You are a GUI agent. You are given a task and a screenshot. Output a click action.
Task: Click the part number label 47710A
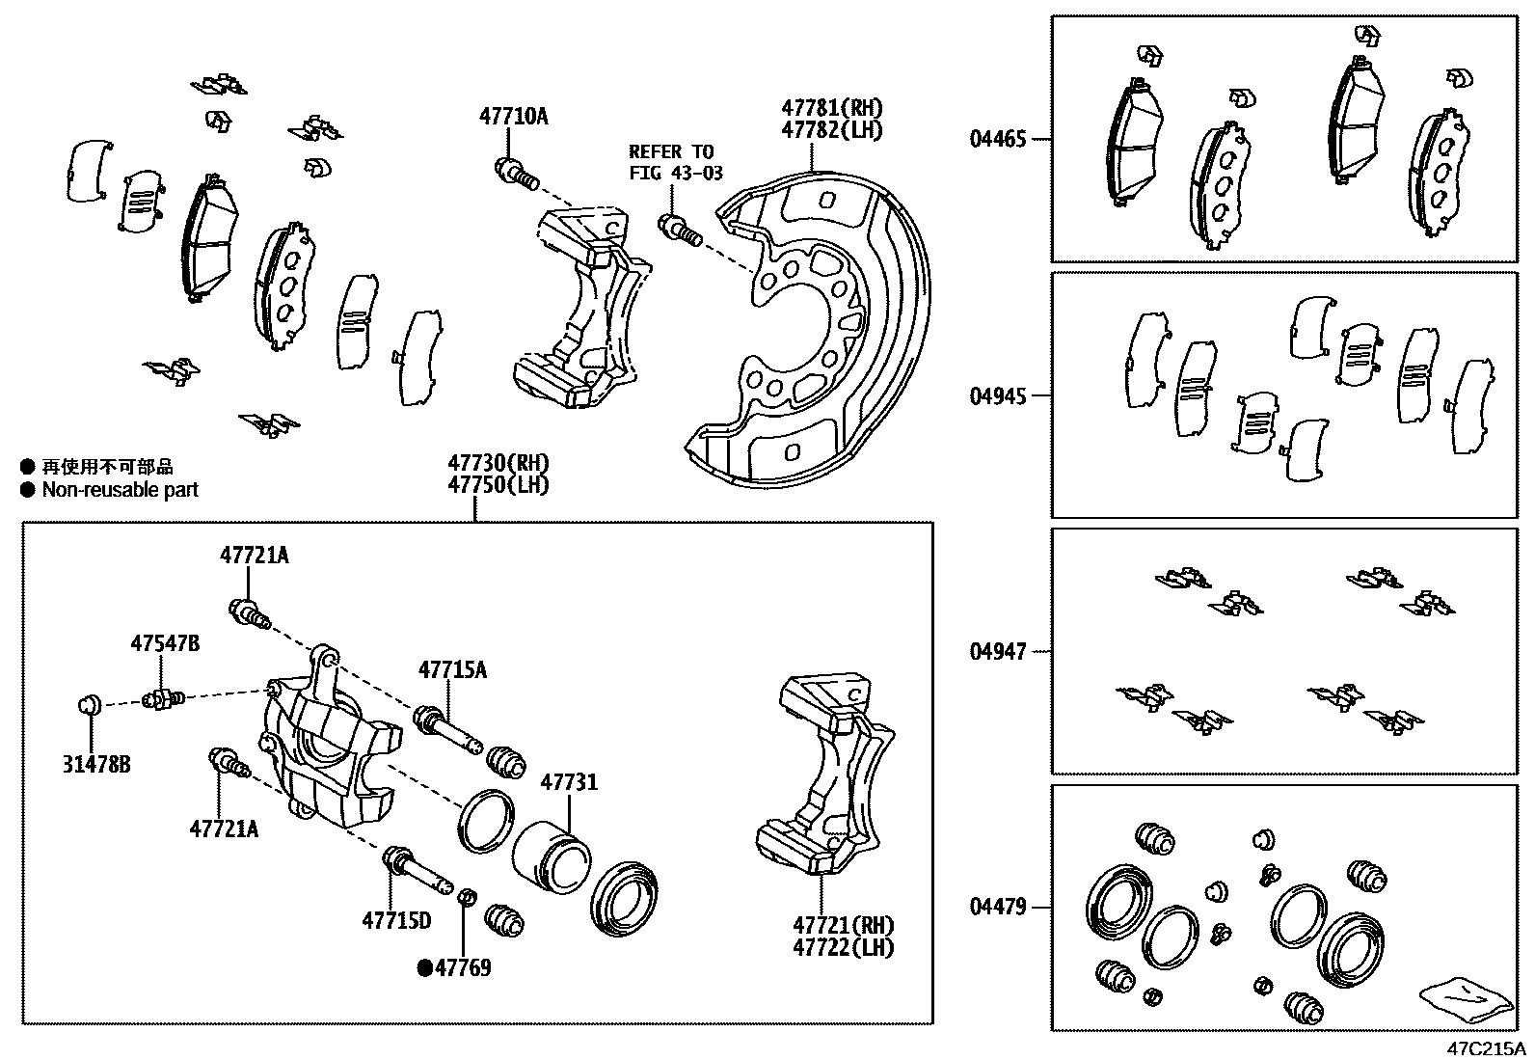click(x=513, y=117)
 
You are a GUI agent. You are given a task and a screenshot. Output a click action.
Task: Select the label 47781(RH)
click(x=832, y=108)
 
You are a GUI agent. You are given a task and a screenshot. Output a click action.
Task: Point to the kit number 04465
click(x=998, y=139)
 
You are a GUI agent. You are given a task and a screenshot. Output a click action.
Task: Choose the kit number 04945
click(x=998, y=395)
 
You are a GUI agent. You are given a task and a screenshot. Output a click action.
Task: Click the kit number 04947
click(x=998, y=652)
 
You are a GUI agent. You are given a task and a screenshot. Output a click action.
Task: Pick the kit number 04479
click(x=998, y=907)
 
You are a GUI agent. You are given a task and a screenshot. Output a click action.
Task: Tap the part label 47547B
click(x=165, y=643)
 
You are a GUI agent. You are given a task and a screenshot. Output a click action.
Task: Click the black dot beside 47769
click(x=424, y=967)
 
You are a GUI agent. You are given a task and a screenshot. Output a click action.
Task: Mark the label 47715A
click(x=452, y=669)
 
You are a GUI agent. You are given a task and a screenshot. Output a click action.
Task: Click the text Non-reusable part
click(x=120, y=489)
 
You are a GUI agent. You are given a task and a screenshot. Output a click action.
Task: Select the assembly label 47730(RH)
click(x=498, y=463)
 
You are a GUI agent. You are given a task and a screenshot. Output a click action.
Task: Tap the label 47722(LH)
click(x=843, y=948)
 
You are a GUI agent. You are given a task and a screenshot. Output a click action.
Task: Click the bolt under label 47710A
click(x=515, y=175)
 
